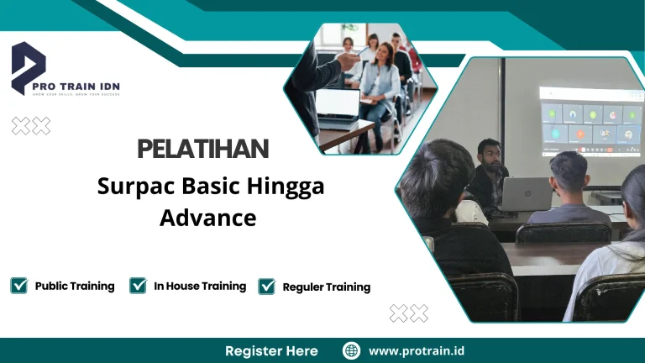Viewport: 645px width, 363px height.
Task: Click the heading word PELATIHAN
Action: [x=202, y=150]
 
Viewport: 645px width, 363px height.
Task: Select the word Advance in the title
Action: [x=207, y=218]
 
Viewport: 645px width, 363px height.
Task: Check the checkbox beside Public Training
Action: [x=18, y=286]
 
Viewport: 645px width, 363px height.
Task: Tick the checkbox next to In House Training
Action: [x=139, y=286]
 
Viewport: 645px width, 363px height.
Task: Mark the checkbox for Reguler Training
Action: [x=267, y=287]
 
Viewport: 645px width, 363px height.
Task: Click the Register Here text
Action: [x=271, y=350]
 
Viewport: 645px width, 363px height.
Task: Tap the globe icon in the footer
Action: [x=351, y=350]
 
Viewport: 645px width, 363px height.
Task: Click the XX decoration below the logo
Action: [x=30, y=126]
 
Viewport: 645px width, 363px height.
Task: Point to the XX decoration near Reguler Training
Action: [x=408, y=313]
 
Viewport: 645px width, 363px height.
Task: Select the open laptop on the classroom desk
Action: [x=526, y=194]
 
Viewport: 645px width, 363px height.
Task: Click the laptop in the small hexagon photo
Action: [x=337, y=104]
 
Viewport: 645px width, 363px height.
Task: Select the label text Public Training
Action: [x=75, y=286]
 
